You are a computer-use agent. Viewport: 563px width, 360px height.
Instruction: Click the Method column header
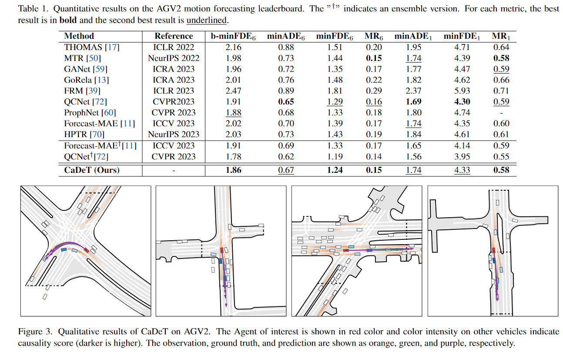[x=79, y=36]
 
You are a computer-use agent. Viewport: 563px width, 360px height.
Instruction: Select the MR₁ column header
[x=501, y=36]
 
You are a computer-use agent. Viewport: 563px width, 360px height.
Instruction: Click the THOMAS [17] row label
[x=92, y=47]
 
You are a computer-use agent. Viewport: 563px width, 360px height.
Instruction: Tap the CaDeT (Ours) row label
[x=92, y=170]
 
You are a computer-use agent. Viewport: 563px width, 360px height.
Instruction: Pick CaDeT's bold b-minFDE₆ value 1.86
[x=234, y=170]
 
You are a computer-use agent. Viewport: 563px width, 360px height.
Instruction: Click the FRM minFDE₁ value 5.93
[x=462, y=91]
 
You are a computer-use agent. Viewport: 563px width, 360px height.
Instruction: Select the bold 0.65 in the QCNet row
[x=286, y=102]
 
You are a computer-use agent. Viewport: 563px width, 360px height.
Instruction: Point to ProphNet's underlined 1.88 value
[x=234, y=113]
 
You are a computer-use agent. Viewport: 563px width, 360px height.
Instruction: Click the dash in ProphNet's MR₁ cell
[x=501, y=113]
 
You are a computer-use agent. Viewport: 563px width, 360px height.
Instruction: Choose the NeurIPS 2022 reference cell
[x=174, y=58]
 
